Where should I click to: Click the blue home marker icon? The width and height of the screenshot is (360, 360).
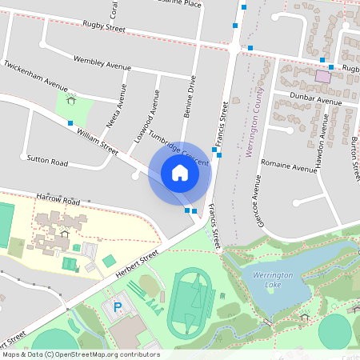(x=180, y=173)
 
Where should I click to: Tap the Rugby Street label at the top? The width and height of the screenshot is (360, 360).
(x=104, y=29)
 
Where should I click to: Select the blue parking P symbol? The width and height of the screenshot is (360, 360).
(x=118, y=306)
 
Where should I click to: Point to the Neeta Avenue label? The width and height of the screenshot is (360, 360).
(x=117, y=106)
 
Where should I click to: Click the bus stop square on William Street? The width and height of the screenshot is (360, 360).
(x=71, y=123)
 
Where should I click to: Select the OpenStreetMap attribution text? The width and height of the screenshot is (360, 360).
(x=81, y=354)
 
